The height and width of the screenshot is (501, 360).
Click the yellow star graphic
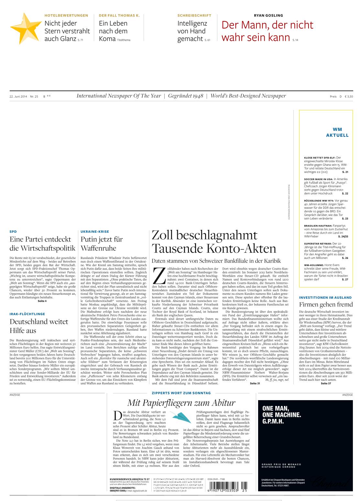coord(25,28)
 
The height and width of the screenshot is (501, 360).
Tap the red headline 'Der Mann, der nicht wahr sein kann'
coord(267,31)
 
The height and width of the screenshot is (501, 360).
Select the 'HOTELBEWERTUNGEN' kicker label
coord(66,16)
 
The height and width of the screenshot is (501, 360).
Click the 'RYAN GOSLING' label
coord(268,16)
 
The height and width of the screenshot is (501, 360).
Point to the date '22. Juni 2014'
coord(18,96)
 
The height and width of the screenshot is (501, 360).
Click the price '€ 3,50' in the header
coord(349,96)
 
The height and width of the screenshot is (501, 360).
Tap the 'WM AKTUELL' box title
coord(337,132)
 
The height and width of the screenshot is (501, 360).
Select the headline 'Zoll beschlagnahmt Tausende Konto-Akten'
coord(214,242)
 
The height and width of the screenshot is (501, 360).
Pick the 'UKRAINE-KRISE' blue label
coord(94,231)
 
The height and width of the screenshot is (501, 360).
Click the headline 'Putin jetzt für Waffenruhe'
coord(102,244)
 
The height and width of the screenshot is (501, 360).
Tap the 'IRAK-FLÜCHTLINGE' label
coord(27,314)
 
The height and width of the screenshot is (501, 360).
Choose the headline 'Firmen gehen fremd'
coord(326,304)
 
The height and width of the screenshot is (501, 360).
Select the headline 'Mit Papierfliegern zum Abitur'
coord(181,402)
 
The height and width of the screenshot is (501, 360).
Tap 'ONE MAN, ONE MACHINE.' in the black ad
coord(281,411)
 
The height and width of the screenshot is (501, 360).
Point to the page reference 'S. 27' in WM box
coord(345,279)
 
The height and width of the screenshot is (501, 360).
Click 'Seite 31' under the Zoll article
coord(255,383)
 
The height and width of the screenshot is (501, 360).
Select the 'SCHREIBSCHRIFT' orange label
coord(194,16)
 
